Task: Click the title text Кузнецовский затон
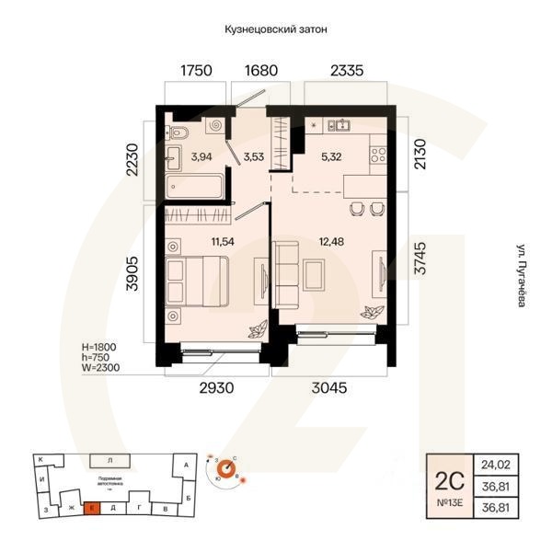pos(276,29)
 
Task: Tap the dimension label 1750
pos(196,70)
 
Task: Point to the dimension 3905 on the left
pos(132,273)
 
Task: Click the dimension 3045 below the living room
pos(328,388)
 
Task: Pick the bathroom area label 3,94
pos(201,156)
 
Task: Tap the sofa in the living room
pos(284,275)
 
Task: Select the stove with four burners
pos(376,155)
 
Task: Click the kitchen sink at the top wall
pos(344,125)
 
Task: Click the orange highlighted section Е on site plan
pos(92,507)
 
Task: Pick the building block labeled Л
pos(109,459)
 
